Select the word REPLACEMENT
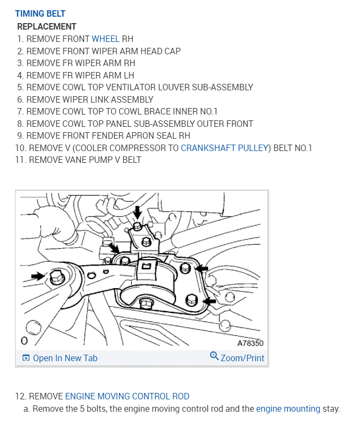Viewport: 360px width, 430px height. [47, 26]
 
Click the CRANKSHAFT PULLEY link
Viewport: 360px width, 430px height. [224, 148]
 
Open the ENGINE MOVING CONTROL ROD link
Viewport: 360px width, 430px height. [127, 396]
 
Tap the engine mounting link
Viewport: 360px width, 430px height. [288, 408]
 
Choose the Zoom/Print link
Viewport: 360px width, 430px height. [242, 358]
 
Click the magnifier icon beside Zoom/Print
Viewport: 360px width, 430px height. [214, 357]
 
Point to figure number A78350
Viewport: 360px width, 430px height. [250, 342]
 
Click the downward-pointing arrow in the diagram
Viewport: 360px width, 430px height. [138, 211]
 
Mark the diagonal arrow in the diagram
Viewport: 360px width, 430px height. [114, 247]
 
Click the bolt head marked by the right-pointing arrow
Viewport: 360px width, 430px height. [55, 277]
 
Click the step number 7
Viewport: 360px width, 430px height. [20, 111]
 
